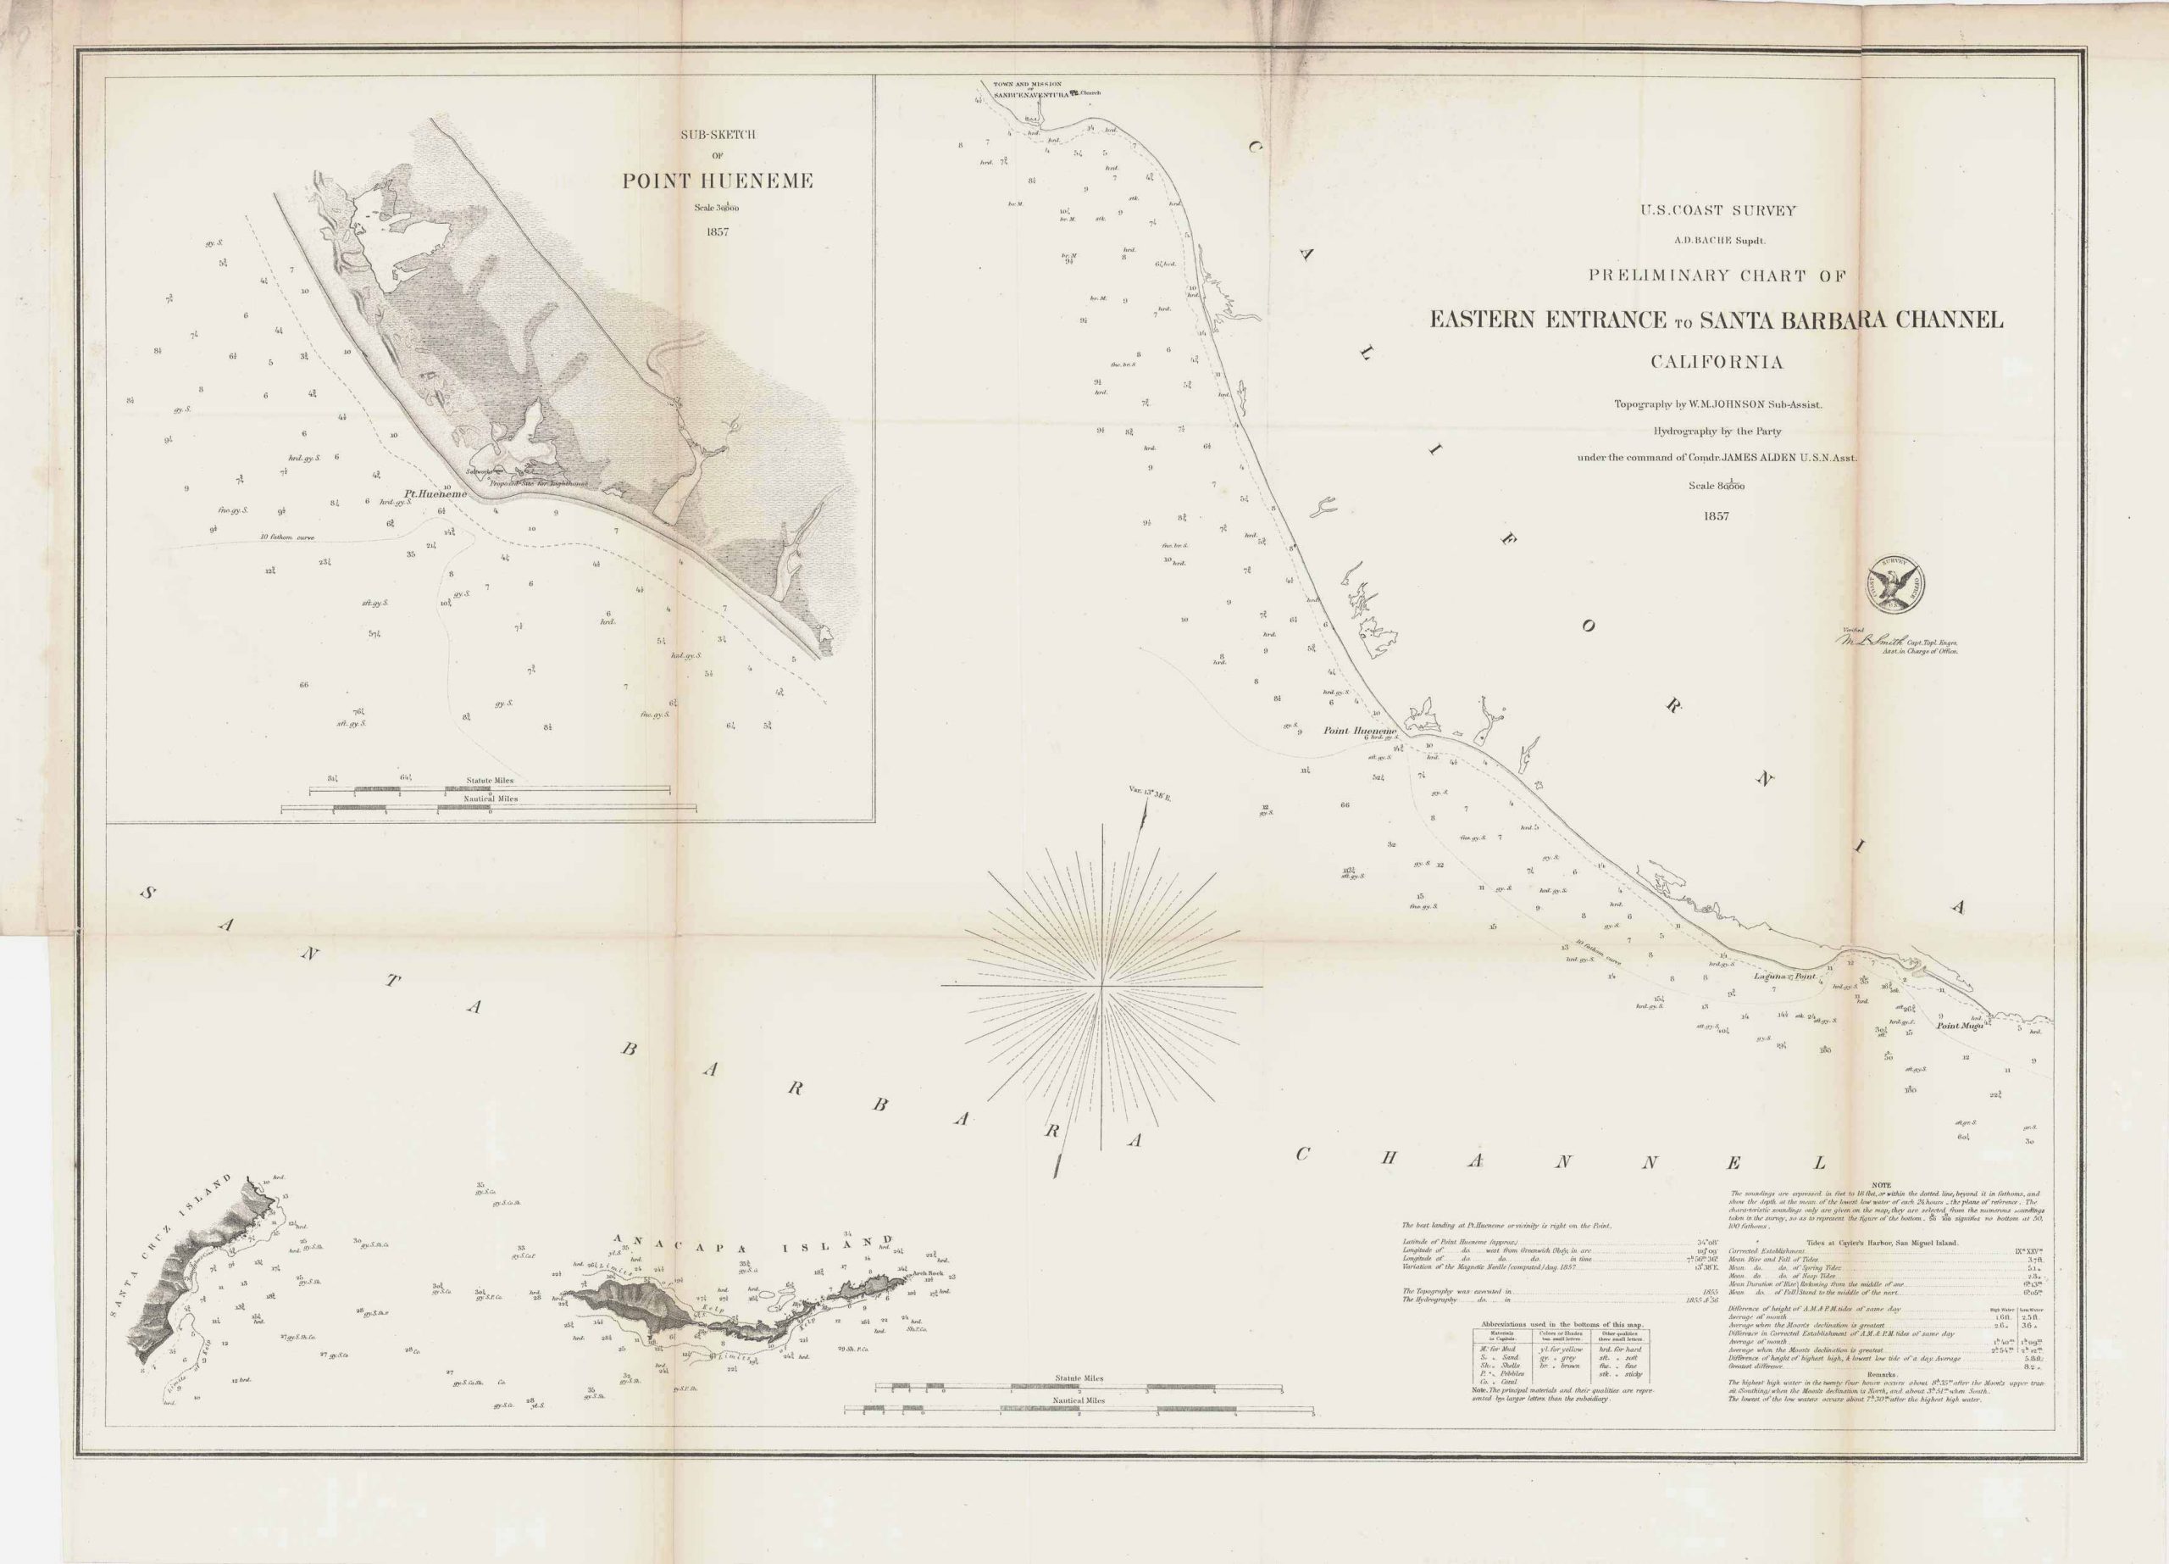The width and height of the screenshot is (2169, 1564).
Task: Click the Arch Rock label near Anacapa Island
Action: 928,1274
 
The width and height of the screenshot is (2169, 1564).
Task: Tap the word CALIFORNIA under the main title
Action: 1716,362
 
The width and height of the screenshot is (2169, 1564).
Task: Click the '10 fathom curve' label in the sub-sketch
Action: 287,537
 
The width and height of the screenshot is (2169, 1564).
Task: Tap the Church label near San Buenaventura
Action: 1091,92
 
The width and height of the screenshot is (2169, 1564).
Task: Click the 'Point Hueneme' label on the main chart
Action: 1360,731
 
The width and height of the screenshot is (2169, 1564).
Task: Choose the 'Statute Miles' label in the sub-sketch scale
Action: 491,781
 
